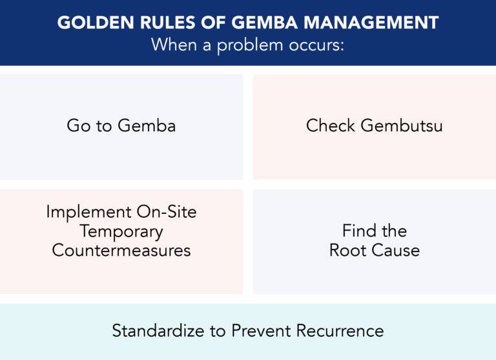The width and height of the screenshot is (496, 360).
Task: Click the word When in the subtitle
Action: coord(173,46)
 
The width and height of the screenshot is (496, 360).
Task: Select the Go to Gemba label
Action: coord(121,125)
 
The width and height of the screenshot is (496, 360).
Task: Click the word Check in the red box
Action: coord(331,125)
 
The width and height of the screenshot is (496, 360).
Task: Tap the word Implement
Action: coord(81,212)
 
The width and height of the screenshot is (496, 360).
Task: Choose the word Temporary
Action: coord(121,231)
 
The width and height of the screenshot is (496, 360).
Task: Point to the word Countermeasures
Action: coord(121,250)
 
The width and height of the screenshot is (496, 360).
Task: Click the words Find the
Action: coord(375,231)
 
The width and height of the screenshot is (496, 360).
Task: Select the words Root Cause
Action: coord(375,250)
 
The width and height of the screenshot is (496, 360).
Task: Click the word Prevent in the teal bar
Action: coord(260,332)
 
